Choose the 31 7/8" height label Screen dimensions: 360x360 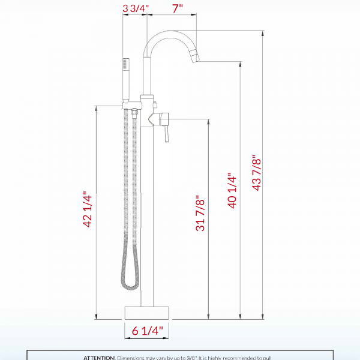[200, 212]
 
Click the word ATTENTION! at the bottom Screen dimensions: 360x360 [100, 357]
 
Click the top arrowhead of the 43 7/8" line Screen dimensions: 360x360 [262, 34]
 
